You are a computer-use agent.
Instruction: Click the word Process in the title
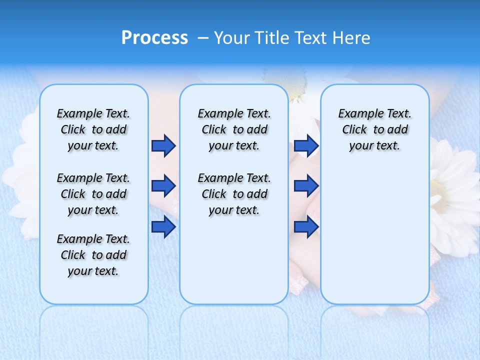[154, 38]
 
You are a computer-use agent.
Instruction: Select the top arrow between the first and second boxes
[163, 146]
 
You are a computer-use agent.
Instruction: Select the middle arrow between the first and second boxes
[163, 186]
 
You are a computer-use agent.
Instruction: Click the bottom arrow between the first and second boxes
[163, 227]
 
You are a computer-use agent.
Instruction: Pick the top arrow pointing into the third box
[306, 146]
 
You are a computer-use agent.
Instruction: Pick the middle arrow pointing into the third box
[306, 186]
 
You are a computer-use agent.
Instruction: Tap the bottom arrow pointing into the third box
[306, 227]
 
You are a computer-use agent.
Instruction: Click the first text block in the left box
[93, 129]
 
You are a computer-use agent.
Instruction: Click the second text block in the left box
[93, 194]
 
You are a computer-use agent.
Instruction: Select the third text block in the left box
[93, 255]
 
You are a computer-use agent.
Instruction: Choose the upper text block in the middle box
[234, 129]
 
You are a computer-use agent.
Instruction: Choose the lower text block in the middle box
[234, 194]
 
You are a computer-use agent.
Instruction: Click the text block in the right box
[374, 129]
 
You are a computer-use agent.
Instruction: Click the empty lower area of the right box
[374, 240]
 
